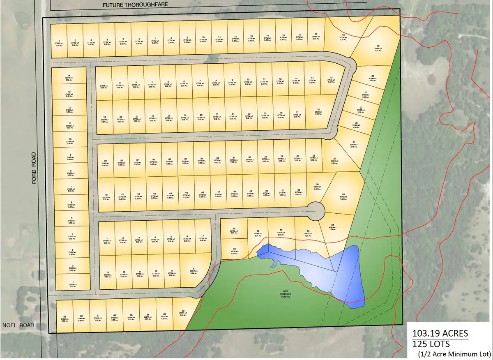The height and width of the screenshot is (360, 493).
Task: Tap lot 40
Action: (x=106, y=196)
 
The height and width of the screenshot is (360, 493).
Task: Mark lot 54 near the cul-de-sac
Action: (x=343, y=197)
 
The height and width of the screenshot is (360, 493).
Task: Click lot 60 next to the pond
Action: (x=234, y=252)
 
